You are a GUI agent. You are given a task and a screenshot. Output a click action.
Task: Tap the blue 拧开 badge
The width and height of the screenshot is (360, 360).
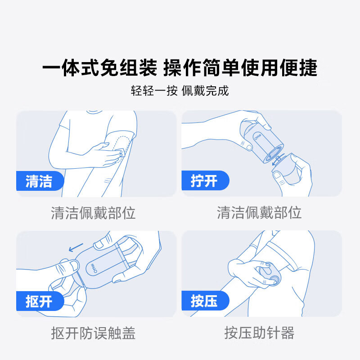pos(204,181)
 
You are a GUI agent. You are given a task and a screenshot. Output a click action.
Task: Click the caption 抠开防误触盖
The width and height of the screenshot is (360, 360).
pos(93,333)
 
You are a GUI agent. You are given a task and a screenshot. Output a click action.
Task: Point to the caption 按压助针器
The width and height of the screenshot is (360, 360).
pos(259,333)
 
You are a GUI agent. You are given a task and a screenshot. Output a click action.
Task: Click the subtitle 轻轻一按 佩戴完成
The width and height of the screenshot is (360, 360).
pos(180,90)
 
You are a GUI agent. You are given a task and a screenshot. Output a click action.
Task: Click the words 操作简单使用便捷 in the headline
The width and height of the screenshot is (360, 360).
pos(240,68)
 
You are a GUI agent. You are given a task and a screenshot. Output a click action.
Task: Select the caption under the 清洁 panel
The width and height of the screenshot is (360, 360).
pos(93,212)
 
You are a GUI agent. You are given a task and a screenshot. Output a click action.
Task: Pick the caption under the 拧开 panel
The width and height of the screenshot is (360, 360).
pos(259,212)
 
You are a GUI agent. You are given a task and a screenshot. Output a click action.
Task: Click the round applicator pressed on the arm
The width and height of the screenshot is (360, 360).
pos(269,274)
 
